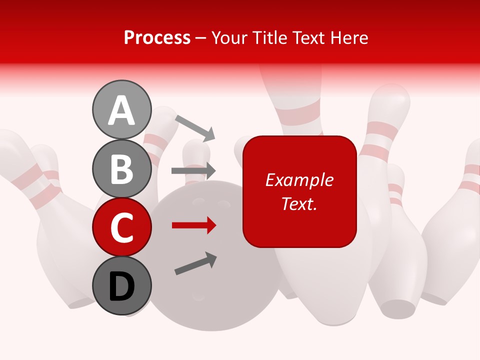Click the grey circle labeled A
(122, 109)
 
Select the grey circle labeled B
(122, 168)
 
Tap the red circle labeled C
(122, 227)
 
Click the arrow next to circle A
(194, 127)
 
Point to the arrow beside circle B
(193, 170)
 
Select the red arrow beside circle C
(193, 226)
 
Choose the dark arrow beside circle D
(195, 263)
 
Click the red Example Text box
(299, 191)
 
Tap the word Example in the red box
(299, 180)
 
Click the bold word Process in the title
(157, 37)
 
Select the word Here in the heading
(348, 37)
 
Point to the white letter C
(122, 228)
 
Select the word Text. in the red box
(299, 203)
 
